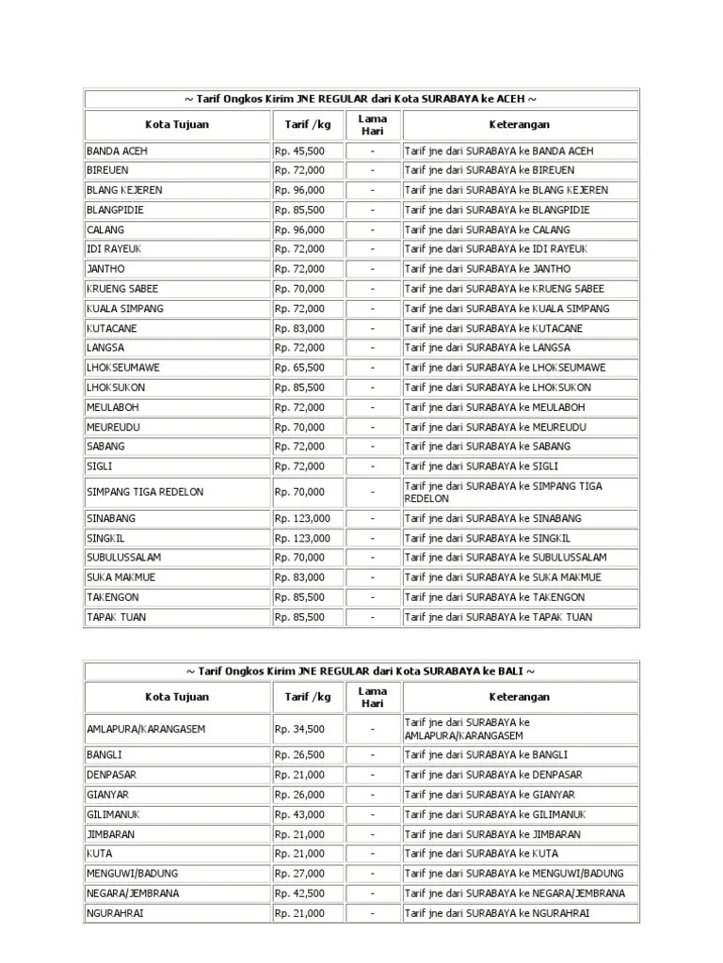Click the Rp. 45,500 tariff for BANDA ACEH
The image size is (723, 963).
coord(300,150)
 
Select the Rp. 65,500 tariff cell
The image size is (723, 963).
coord(300,368)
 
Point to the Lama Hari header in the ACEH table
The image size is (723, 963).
coord(373,124)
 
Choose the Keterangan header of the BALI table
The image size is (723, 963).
coord(520,697)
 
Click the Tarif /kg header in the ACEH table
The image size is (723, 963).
coord(308,124)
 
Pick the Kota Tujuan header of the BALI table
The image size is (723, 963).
coord(177,697)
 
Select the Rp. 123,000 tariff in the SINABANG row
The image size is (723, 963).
coord(302,518)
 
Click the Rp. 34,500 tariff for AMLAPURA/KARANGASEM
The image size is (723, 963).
coord(300,729)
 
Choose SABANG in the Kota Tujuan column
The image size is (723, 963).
coord(105,447)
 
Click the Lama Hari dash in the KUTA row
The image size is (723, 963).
coord(373,854)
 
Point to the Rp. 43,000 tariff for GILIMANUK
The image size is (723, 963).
coord(300,814)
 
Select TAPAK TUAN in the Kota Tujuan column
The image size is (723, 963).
coord(117,617)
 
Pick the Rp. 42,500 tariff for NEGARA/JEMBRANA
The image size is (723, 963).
coord(300,893)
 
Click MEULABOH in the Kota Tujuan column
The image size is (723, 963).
coord(112,407)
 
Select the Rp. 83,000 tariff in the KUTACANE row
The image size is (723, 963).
coord(300,328)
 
